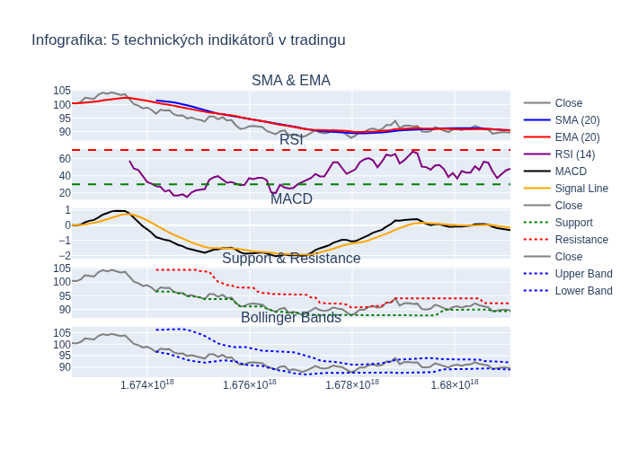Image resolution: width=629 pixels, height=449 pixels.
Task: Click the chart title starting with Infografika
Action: point(189,40)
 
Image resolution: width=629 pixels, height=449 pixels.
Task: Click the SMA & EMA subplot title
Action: point(290,81)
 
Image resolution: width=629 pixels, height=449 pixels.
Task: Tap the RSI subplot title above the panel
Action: point(291,140)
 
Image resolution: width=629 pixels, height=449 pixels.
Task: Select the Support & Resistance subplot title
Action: point(291,259)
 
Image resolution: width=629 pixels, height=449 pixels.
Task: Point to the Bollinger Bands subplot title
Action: point(291,318)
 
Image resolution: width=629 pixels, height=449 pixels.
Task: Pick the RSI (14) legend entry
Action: point(575,154)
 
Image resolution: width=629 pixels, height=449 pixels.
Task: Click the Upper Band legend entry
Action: point(583,274)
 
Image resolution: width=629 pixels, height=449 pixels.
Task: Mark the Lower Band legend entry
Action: point(583,291)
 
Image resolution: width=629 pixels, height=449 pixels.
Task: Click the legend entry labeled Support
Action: point(573,223)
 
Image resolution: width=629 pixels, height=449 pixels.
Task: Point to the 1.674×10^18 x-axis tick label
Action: point(147,384)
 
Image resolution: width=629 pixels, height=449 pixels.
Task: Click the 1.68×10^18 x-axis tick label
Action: point(455,384)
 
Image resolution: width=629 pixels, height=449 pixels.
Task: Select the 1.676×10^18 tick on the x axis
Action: point(250,384)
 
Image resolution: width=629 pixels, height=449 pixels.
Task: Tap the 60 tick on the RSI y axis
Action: point(65,159)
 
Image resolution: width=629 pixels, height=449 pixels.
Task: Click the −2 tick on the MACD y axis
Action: point(63,255)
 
